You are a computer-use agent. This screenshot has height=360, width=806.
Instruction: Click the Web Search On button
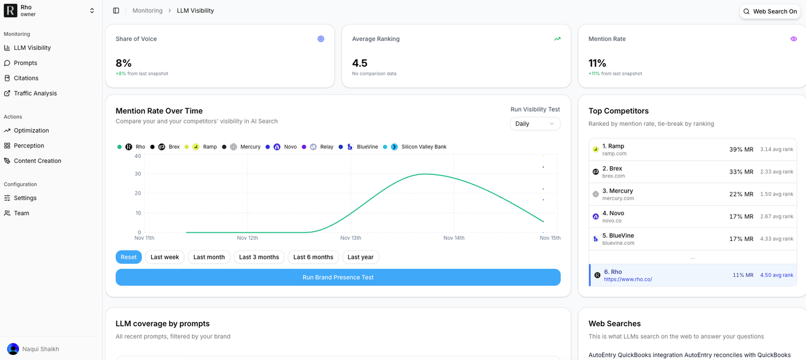point(770,11)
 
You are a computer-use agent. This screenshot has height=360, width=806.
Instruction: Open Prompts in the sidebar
point(25,63)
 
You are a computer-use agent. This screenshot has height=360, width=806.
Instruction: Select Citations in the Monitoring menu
point(26,78)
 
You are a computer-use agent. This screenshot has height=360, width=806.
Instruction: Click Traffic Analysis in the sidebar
point(35,93)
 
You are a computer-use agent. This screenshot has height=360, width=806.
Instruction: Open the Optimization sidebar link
point(31,130)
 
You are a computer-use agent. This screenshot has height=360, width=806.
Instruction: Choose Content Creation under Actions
point(37,160)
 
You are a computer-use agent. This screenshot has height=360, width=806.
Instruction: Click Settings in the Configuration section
point(25,198)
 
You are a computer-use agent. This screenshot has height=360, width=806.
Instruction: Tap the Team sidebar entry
point(21,213)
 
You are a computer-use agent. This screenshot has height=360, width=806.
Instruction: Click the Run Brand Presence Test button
point(338,277)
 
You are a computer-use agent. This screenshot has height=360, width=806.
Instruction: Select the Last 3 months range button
point(259,257)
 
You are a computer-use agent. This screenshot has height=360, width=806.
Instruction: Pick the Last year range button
point(360,257)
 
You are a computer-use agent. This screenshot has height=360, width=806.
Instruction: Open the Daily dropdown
point(535,123)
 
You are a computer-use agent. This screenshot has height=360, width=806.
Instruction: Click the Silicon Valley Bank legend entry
point(423,147)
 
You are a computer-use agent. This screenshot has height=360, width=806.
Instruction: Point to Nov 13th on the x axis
point(351,238)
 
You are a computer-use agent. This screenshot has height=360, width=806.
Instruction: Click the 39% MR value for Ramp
point(741,149)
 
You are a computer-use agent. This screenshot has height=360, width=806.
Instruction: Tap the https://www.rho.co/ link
point(628,279)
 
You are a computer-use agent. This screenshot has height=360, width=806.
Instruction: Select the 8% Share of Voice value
point(123,63)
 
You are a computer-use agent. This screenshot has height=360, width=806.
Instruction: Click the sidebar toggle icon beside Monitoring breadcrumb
point(116,11)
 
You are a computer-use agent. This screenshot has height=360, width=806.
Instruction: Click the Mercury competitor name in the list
point(621,191)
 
